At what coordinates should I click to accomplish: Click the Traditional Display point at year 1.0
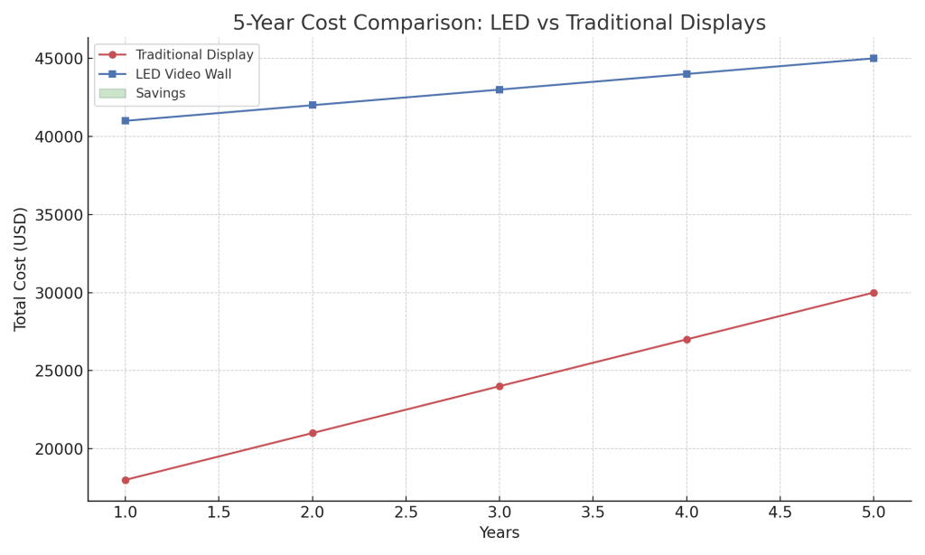click(x=126, y=480)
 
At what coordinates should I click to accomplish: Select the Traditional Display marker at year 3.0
click(x=500, y=386)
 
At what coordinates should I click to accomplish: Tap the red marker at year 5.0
click(x=874, y=293)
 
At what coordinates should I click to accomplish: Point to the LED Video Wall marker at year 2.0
click(x=313, y=105)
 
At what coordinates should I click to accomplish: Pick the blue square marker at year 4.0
click(x=687, y=74)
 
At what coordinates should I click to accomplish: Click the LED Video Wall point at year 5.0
click(x=874, y=58)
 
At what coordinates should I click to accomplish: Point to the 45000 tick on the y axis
click(x=59, y=59)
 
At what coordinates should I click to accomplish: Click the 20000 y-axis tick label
click(x=59, y=449)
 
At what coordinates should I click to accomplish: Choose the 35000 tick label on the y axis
click(x=59, y=215)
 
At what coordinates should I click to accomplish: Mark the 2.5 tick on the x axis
click(x=406, y=512)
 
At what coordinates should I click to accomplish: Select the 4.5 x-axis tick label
click(x=780, y=512)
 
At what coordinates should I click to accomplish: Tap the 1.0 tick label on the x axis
click(x=126, y=512)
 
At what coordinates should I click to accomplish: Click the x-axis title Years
click(x=500, y=533)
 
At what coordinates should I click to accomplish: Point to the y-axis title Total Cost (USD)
click(x=21, y=268)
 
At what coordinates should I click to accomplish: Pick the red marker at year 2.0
click(x=313, y=433)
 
